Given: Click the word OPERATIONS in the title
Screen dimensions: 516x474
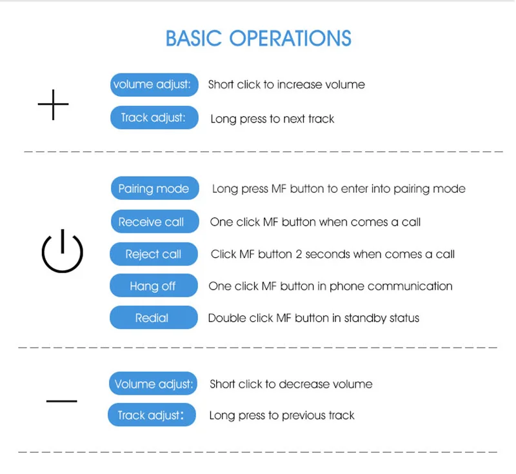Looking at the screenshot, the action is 290,38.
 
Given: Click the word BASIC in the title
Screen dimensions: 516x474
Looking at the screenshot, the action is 193,38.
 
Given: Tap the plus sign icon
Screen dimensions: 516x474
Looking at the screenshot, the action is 53,104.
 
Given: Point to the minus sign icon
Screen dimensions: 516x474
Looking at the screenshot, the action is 61,401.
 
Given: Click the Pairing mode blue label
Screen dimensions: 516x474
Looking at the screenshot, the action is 155,188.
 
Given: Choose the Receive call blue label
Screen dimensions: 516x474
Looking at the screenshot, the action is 155,221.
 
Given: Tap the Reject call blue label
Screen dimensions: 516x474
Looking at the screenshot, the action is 154,253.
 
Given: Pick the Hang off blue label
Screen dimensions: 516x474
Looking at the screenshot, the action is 154,286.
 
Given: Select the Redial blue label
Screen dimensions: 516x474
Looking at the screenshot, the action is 154,317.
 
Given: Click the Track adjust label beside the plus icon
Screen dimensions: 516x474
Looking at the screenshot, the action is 154,117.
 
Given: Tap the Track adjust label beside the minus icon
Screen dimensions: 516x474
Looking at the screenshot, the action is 152,415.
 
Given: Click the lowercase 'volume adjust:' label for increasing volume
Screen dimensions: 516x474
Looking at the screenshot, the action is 154,85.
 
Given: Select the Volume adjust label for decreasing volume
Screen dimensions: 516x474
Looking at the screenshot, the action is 153,383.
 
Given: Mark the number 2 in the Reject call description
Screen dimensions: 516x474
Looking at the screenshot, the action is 299,254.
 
